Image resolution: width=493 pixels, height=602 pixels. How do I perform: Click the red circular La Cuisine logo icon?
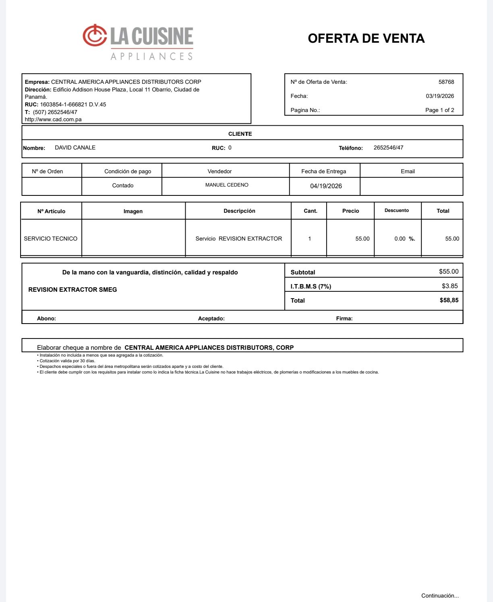coord(95,35)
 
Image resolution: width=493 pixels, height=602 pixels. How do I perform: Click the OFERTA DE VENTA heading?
coord(366,38)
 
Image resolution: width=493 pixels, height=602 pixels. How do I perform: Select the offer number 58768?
coord(446,82)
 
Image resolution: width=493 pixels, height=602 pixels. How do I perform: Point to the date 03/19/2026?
coord(439,96)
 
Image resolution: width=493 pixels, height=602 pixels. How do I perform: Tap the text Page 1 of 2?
coord(439,110)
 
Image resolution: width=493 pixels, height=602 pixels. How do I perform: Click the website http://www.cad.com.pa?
coord(53,119)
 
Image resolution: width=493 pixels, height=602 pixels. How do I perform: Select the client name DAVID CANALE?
coord(75,147)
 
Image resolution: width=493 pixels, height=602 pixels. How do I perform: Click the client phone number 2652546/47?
coord(388,147)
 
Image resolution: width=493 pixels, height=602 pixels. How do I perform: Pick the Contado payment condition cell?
coord(122,185)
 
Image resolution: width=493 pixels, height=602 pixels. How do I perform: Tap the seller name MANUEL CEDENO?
coord(227,185)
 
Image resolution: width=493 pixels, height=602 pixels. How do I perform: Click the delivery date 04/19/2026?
coord(326,186)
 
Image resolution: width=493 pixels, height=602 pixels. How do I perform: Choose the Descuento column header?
coord(397,210)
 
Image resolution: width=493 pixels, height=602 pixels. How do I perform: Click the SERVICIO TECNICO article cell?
coord(50,239)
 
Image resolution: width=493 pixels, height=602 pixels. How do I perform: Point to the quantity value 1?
coord(309,239)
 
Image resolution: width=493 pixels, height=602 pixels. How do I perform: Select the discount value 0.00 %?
coord(404,239)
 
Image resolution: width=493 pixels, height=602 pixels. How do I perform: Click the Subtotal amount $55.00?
coord(449,272)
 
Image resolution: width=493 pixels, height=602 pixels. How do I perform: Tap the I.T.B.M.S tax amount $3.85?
coord(449,286)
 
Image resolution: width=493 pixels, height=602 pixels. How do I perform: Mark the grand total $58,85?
coord(449,300)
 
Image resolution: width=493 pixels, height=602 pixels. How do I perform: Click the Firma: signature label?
coord(344,318)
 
